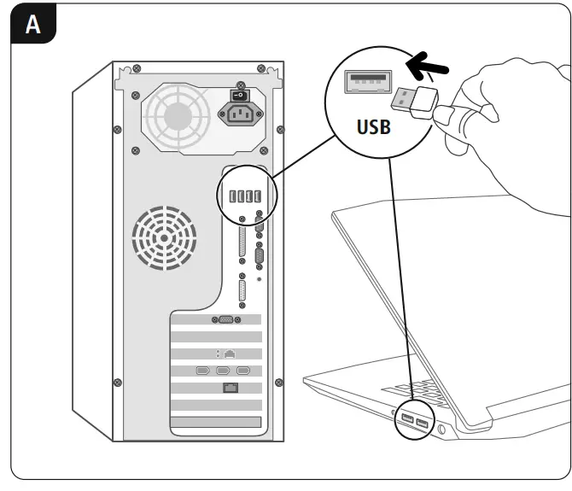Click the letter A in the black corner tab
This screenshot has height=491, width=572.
pos(33,25)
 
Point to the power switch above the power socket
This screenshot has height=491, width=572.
pos(239,95)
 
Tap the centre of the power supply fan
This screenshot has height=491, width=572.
pos(178,111)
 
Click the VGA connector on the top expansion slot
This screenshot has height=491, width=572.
pos(225,319)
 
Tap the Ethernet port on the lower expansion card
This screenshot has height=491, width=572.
pos(230,389)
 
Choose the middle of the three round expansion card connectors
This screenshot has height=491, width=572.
pos(223,371)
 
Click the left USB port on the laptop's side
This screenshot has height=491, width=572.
pos(406,418)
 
